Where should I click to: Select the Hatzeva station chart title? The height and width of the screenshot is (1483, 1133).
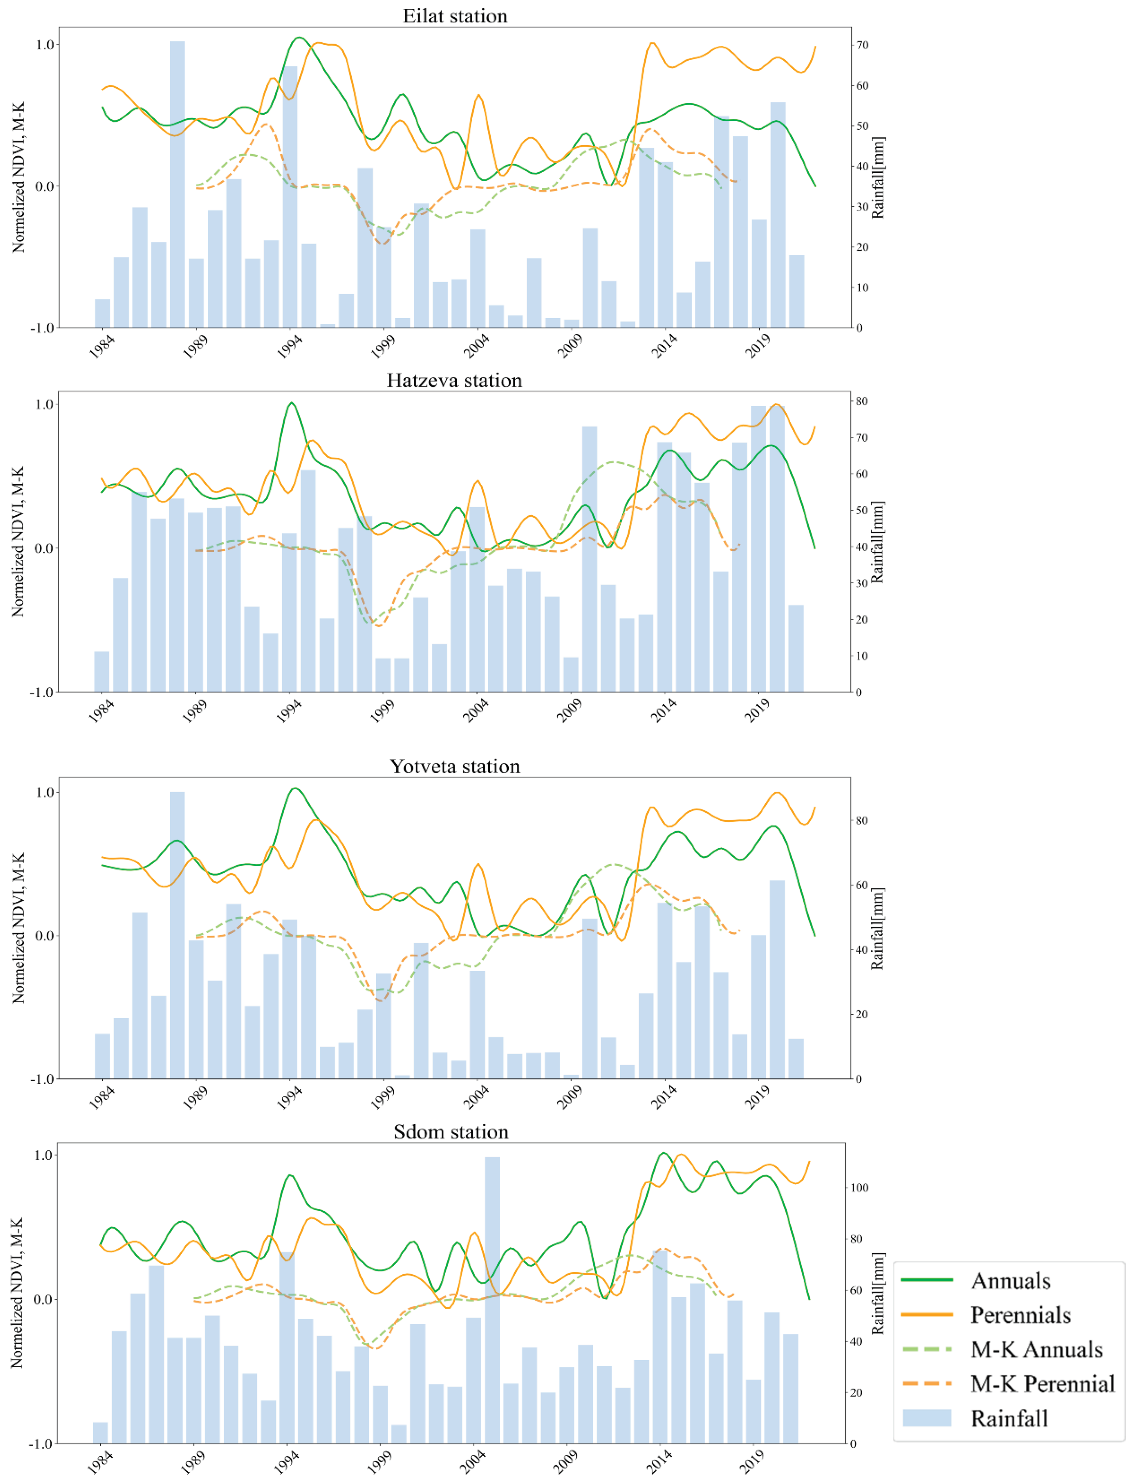pyautogui.click(x=454, y=380)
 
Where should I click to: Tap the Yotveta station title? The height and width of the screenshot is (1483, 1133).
pyautogui.click(x=454, y=767)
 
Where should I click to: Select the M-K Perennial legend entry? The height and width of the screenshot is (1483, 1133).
pyautogui.click(x=1042, y=1384)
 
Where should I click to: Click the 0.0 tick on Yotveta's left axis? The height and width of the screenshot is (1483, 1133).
pyautogui.click(x=44, y=936)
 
